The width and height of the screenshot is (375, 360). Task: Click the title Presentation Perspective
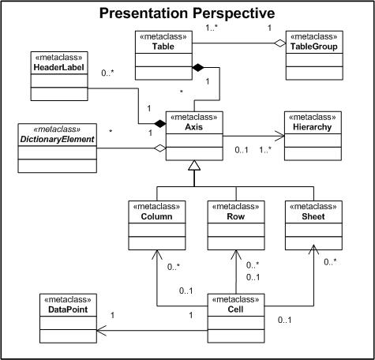pyautogui.click(x=187, y=13)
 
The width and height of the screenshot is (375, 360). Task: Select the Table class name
pyautogui.click(x=163, y=47)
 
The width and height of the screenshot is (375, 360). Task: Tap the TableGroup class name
pyautogui.click(x=314, y=47)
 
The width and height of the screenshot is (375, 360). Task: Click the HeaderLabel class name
pyautogui.click(x=59, y=67)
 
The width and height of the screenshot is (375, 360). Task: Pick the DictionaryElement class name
pyautogui.click(x=57, y=139)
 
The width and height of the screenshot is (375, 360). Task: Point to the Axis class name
pyautogui.click(x=194, y=127)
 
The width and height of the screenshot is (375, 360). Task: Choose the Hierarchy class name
pyautogui.click(x=313, y=127)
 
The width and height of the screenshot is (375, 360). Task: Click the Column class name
pyautogui.click(x=156, y=216)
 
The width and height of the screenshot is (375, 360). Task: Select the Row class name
pyautogui.click(x=236, y=216)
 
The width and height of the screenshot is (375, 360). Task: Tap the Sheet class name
pyautogui.click(x=313, y=216)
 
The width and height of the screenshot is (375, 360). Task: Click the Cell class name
pyautogui.click(x=235, y=309)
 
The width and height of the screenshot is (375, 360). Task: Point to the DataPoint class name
pyautogui.click(x=68, y=309)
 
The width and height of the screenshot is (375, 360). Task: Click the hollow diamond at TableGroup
pyautogui.click(x=279, y=43)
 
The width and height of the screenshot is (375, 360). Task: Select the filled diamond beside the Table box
pyautogui.click(x=198, y=68)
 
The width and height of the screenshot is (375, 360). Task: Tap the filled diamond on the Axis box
pyautogui.click(x=160, y=123)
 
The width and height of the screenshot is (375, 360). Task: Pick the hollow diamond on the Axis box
pyautogui.click(x=160, y=148)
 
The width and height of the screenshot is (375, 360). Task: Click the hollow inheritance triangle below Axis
pyautogui.click(x=194, y=165)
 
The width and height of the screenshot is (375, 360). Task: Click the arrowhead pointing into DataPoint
pyautogui.click(x=102, y=331)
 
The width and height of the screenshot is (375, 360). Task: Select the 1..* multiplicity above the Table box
pyautogui.click(x=212, y=28)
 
